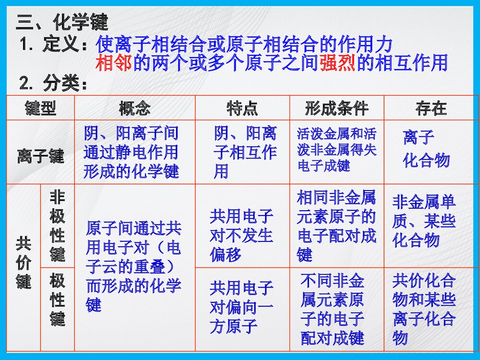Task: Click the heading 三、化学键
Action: (x=62, y=22)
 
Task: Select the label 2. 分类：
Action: (x=54, y=84)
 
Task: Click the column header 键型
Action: (x=40, y=108)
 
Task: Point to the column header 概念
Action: (x=134, y=108)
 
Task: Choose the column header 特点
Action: (x=242, y=108)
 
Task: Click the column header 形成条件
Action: (x=336, y=108)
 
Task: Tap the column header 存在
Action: (x=431, y=108)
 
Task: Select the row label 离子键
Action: (x=40, y=156)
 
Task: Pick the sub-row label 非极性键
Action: (x=57, y=226)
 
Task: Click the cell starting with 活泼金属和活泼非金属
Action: (x=336, y=149)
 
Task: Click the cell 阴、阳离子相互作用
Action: (x=245, y=152)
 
